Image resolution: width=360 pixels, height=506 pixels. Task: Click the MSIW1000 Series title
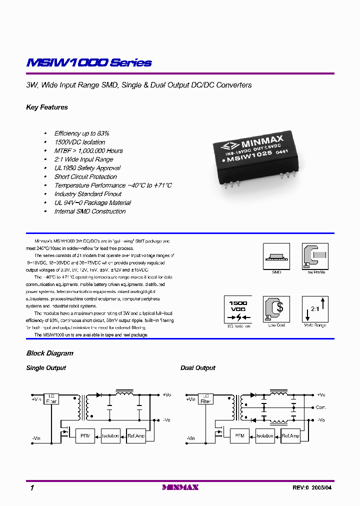[89, 63]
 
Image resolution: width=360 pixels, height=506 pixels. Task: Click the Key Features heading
[47, 107]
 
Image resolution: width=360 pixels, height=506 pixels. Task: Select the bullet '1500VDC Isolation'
[79, 142]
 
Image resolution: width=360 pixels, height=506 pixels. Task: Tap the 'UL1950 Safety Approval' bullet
[87, 168]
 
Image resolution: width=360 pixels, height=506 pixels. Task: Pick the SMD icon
[276, 257]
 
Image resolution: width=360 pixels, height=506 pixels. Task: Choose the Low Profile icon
[315, 257]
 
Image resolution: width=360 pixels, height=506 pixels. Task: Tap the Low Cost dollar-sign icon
[276, 309]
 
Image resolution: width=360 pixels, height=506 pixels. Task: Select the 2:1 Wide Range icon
[315, 309]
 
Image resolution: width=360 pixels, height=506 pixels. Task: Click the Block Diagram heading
[49, 353]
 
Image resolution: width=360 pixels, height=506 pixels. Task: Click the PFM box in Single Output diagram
[84, 435]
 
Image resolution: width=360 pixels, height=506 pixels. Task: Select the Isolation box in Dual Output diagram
[264, 435]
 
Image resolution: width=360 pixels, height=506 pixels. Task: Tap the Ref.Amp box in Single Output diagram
[136, 435]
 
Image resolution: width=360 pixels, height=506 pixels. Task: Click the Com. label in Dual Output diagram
[320, 407]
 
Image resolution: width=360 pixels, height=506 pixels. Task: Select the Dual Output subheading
[197, 368]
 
